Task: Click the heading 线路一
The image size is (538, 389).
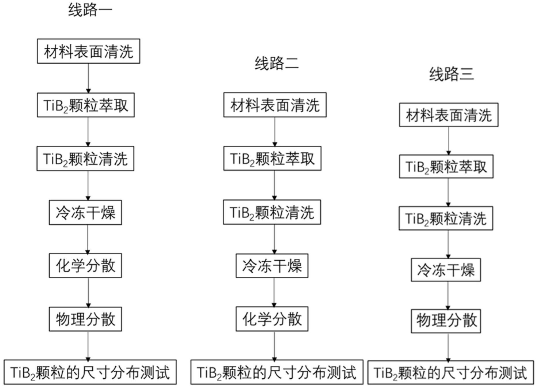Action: tap(90, 10)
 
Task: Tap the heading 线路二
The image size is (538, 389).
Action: tap(277, 63)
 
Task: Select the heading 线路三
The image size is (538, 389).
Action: tap(451, 74)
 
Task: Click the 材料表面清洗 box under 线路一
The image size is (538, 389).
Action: tap(88, 51)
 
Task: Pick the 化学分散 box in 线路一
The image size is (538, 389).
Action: tap(85, 265)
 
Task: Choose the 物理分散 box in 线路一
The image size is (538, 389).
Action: tap(85, 319)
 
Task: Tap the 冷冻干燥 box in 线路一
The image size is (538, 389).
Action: tap(85, 212)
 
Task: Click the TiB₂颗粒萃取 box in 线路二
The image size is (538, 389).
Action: tap(272, 158)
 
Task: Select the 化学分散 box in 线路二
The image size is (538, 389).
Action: tap(272, 319)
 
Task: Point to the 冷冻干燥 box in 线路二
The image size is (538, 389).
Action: tap(272, 266)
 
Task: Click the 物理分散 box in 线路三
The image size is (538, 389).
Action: tap(446, 321)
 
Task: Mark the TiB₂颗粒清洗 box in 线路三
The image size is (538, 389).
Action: tap(446, 218)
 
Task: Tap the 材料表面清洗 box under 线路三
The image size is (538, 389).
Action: tap(449, 115)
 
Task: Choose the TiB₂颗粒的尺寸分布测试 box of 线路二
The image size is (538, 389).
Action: tap(277, 372)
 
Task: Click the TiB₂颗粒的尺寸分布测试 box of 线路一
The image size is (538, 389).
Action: tap(90, 372)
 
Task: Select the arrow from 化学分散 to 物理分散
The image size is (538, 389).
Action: tap(88, 292)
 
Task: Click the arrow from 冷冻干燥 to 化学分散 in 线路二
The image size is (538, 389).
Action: tap(274, 292)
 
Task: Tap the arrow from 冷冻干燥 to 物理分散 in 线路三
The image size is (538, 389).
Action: tap(448, 296)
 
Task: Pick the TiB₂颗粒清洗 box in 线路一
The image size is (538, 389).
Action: tap(85, 159)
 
